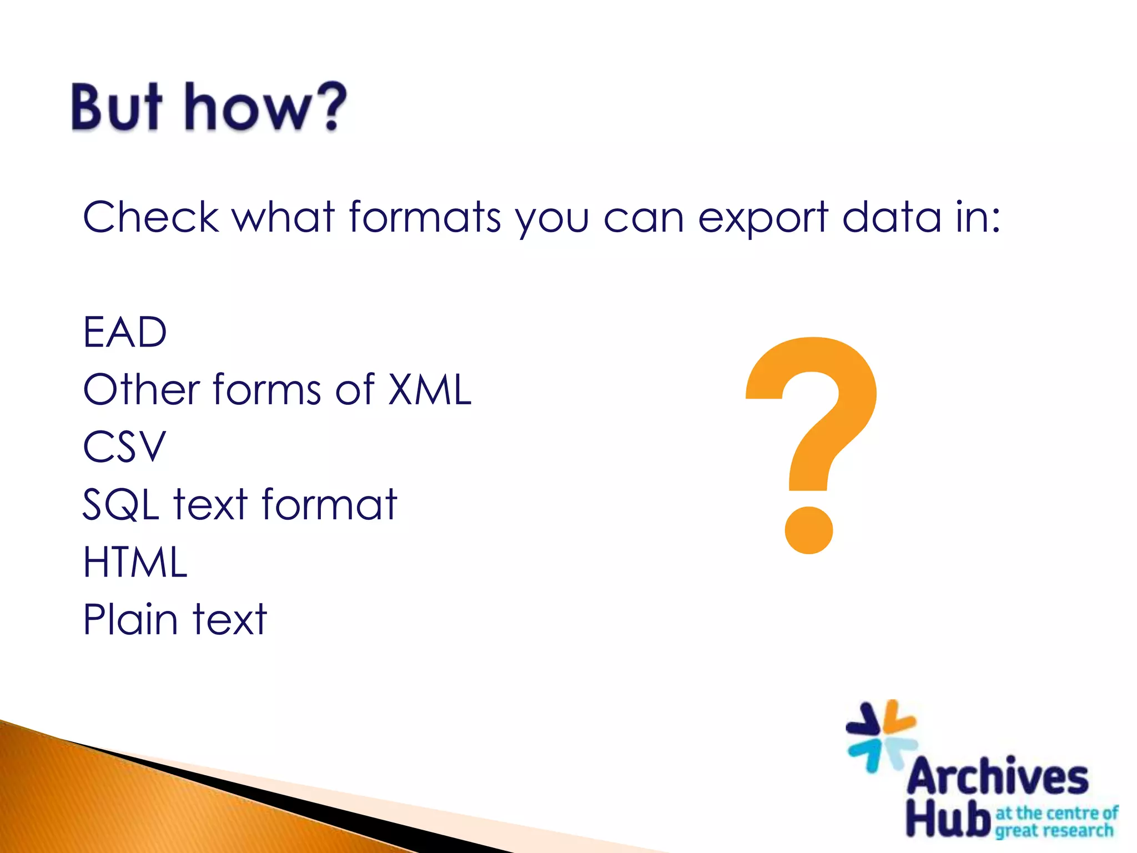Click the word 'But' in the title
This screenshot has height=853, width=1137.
(117, 107)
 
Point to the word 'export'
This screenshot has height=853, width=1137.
(763, 218)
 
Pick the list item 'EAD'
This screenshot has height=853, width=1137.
(125, 332)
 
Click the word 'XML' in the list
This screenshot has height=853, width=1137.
(429, 389)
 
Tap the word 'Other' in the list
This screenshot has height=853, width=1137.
(141, 389)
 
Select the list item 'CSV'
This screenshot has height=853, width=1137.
(124, 446)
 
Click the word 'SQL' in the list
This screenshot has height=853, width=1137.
(121, 504)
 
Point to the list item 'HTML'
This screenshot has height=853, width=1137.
(135, 561)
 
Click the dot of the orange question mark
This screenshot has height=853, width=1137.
(809, 530)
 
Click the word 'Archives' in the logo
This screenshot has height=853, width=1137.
(997, 776)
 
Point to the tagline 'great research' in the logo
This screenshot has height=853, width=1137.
(1054, 831)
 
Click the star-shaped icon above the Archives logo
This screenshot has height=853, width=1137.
(881, 734)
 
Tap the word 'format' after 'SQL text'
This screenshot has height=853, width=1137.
(329, 504)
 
